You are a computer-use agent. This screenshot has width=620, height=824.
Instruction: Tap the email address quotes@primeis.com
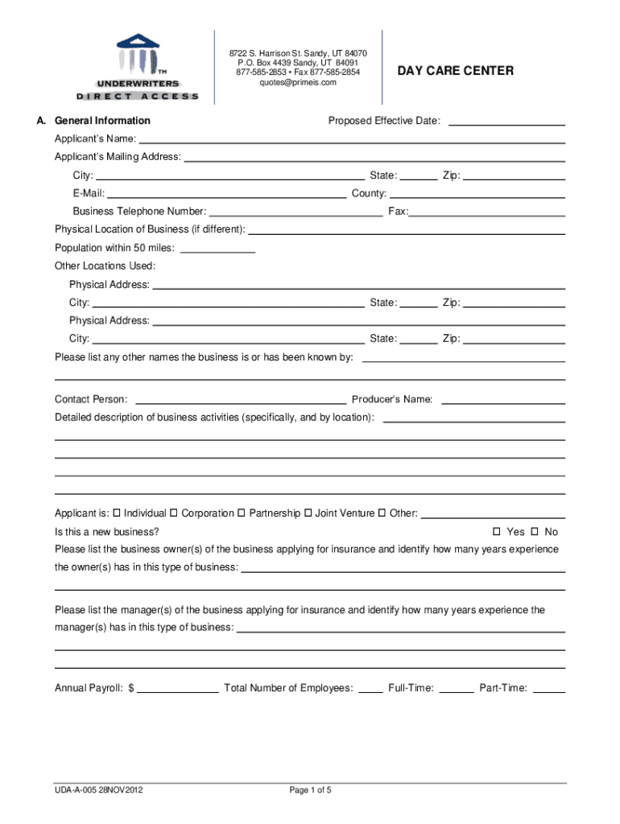tap(298, 82)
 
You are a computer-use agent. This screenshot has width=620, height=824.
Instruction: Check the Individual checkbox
tap(117, 513)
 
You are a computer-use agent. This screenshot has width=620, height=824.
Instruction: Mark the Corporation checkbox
tap(174, 513)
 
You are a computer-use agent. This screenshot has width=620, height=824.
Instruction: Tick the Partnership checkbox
tap(242, 513)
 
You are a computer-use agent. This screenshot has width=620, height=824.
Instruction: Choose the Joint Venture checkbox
tap(308, 513)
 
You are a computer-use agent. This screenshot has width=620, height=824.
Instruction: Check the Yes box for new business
tap(497, 532)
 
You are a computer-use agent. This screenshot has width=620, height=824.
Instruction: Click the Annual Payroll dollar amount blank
tap(179, 690)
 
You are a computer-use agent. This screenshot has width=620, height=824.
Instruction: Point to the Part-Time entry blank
tap(549, 690)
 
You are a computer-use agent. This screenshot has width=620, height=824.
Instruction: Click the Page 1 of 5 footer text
tap(310, 789)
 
